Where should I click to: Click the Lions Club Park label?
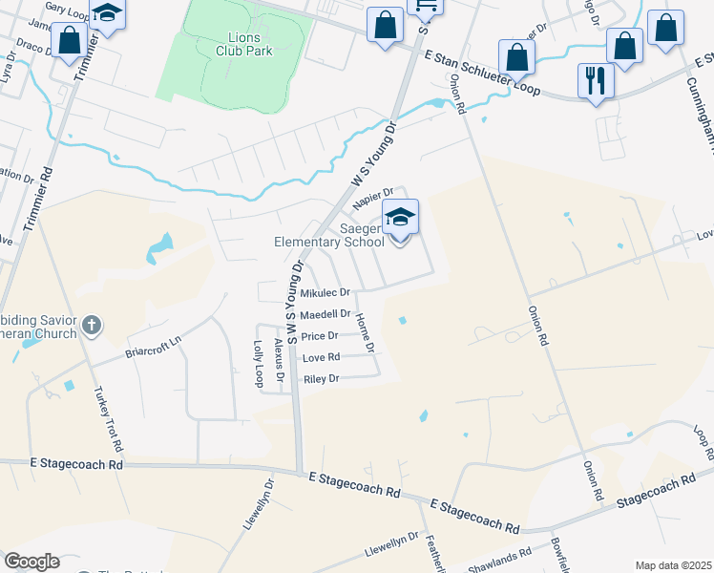tap(225, 43)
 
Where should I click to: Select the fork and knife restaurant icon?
tap(595, 79)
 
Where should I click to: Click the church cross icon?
tap(92, 327)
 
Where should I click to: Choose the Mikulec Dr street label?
tap(325, 292)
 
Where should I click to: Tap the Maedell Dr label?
tap(325, 314)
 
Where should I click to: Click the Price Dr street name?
tap(320, 336)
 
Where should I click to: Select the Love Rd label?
tap(321, 358)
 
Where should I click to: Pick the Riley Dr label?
tap(321, 379)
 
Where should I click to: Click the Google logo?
tap(31, 562)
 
